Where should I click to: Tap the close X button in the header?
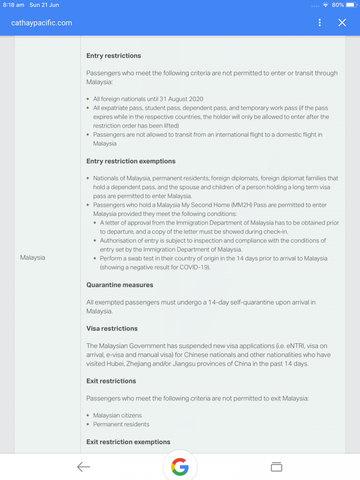[x=342, y=22]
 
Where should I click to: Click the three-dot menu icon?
[x=320, y=22]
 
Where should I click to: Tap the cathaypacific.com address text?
[x=42, y=23]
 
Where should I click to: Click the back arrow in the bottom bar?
[x=83, y=467]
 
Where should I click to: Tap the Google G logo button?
[x=180, y=467]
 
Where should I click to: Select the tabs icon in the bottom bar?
[x=276, y=467]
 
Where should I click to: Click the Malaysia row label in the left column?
[x=32, y=257]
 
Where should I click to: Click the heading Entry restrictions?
[x=114, y=55]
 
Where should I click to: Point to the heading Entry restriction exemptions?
[x=131, y=161]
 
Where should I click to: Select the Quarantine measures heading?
[x=120, y=285]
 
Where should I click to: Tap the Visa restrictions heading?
[x=112, y=328]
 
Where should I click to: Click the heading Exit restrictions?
[x=111, y=381]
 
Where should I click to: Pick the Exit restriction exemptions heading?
[x=128, y=442]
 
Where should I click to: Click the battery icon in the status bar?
[x=351, y=5]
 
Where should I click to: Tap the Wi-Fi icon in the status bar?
[x=325, y=5]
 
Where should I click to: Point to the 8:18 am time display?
[x=14, y=5]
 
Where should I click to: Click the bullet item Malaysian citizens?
[x=117, y=415]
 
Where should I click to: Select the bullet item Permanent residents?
[x=121, y=424]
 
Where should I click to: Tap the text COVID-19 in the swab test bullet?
[x=194, y=267]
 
